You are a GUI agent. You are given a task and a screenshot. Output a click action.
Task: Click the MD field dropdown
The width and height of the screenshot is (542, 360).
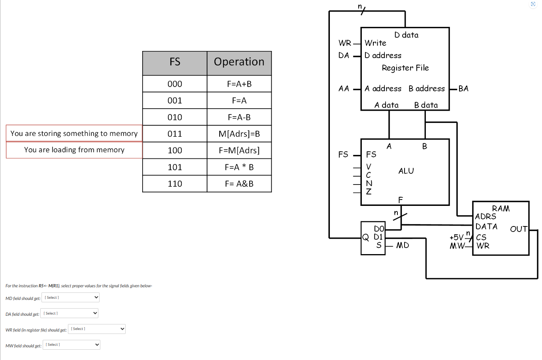click(x=70, y=298)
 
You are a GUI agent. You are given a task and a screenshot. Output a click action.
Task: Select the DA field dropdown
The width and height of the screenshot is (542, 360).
click(x=69, y=313)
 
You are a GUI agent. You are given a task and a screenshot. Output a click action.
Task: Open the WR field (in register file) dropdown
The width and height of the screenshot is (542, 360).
click(x=97, y=329)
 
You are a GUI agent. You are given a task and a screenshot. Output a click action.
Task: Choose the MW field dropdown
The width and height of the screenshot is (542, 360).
click(x=72, y=345)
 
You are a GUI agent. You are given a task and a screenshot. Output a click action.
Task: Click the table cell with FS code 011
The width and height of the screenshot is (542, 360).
click(x=175, y=134)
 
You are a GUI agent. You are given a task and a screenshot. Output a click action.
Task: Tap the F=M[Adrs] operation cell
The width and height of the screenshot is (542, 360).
click(x=239, y=151)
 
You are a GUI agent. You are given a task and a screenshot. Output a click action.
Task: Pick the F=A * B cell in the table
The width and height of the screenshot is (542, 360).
click(x=239, y=167)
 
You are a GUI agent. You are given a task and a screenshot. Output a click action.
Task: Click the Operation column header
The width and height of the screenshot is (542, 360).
click(x=239, y=62)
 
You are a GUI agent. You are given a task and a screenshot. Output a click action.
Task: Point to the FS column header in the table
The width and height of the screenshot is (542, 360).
click(x=175, y=62)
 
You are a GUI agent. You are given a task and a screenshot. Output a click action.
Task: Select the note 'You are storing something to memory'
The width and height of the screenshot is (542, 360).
click(x=74, y=134)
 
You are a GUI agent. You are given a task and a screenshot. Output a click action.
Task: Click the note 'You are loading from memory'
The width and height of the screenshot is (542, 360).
click(x=74, y=150)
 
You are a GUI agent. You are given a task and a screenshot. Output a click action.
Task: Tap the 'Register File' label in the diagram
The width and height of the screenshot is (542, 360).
click(x=405, y=68)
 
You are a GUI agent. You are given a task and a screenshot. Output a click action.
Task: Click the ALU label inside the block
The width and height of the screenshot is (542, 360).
click(x=406, y=171)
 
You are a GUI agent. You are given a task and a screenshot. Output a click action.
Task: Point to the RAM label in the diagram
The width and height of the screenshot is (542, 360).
click(x=501, y=208)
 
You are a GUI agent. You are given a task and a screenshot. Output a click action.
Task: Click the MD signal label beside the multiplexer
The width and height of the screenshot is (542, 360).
click(x=403, y=245)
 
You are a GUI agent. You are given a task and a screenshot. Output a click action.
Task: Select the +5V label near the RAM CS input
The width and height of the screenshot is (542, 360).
click(x=456, y=237)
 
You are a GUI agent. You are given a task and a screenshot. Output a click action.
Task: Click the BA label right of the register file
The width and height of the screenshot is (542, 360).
click(x=463, y=89)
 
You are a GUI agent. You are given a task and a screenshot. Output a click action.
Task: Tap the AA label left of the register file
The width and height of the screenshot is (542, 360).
click(x=344, y=89)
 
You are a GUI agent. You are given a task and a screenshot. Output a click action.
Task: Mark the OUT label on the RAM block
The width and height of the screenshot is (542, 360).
click(x=518, y=229)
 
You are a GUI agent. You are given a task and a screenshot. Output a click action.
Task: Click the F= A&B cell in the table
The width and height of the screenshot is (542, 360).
click(x=239, y=184)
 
